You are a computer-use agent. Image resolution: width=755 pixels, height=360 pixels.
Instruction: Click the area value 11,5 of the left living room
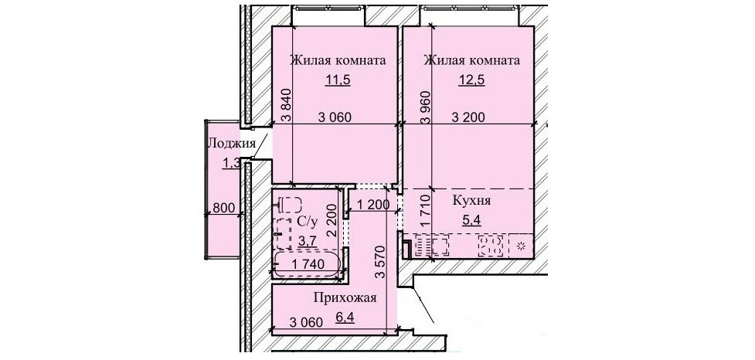(337, 80)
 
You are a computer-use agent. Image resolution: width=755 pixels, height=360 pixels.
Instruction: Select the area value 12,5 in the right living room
(471, 80)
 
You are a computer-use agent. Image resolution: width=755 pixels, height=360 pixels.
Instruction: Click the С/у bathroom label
(308, 222)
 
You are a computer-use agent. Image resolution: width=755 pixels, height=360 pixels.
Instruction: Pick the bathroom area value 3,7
(308, 239)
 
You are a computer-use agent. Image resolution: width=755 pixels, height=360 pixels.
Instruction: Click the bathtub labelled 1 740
(308, 264)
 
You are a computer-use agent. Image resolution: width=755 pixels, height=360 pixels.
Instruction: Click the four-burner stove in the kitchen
(491, 246)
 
